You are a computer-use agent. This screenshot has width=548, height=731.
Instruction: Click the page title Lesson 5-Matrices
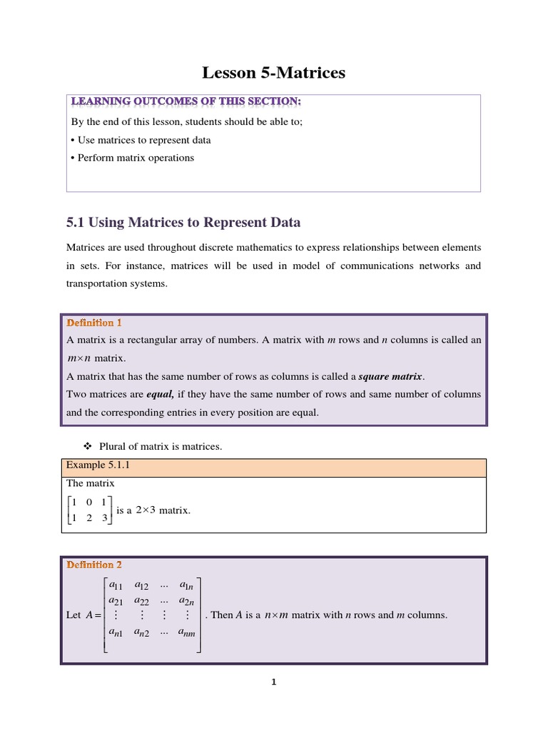273,72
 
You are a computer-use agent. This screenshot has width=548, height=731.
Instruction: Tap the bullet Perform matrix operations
133,158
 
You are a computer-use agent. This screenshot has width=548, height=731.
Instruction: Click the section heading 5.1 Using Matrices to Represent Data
183,223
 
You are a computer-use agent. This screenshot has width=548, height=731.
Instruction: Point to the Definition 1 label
94,323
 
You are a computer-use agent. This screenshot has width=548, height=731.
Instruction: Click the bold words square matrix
390,375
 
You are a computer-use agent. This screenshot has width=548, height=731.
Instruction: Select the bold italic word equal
161,393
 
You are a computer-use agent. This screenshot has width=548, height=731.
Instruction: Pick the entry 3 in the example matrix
104,518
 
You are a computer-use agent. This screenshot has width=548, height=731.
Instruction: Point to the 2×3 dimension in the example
146,510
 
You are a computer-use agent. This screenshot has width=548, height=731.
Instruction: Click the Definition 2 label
94,565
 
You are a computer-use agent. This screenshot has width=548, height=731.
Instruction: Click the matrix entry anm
188,632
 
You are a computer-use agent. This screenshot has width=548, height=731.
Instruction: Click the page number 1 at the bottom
273,682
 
